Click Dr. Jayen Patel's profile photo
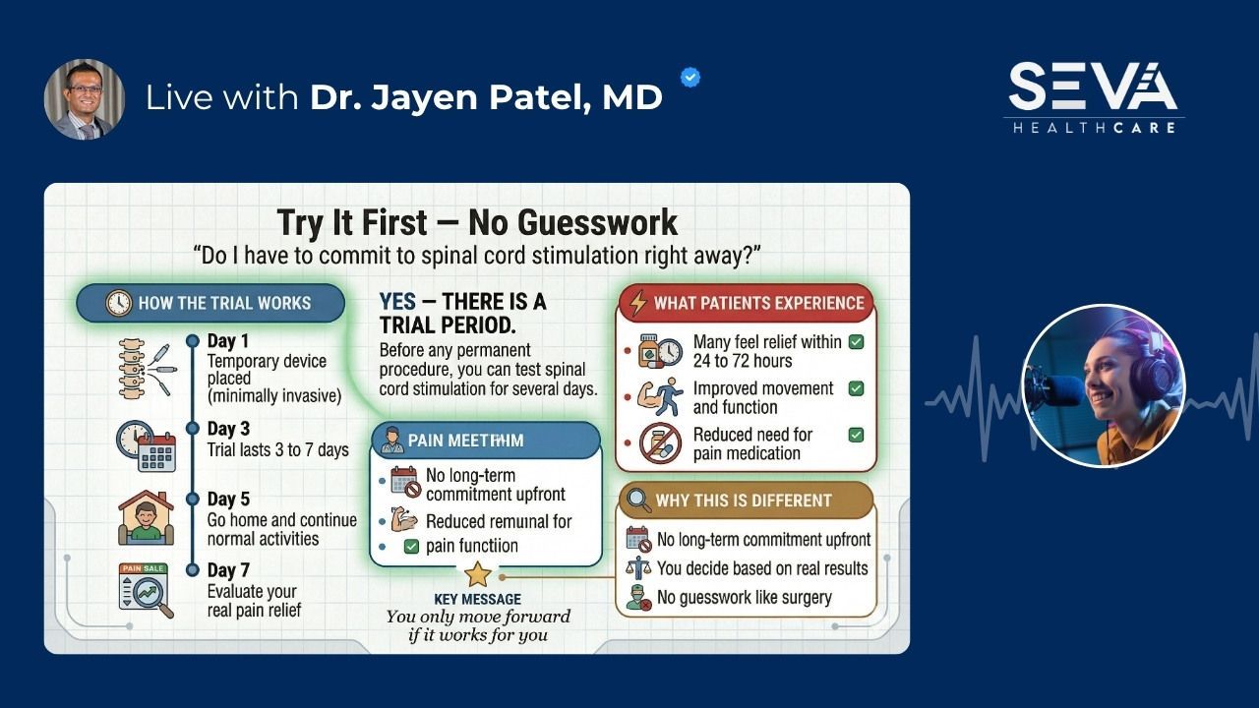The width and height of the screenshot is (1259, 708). pos(85,99)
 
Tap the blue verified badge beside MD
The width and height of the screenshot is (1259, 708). pos(690,78)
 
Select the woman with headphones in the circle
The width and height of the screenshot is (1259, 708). pos(1103,385)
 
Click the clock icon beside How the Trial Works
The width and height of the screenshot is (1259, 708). pos(118,303)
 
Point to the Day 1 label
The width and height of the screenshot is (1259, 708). pos(221,341)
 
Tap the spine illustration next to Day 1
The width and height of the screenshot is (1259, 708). pos(133,368)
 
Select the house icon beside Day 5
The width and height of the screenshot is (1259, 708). pos(146,517)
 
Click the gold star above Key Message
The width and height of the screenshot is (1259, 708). pos(477,574)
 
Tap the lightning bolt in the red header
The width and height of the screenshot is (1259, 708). pos(638,303)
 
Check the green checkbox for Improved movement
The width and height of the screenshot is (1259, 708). pos(856,388)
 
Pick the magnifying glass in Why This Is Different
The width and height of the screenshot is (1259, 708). pos(638,501)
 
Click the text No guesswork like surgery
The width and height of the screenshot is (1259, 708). pos(744,597)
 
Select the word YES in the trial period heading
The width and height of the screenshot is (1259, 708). pos(397,302)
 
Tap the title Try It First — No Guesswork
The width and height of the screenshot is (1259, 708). pos(477,222)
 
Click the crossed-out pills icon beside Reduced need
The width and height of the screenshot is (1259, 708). pos(660,443)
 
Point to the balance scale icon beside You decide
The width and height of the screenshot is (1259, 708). pos(638,568)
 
